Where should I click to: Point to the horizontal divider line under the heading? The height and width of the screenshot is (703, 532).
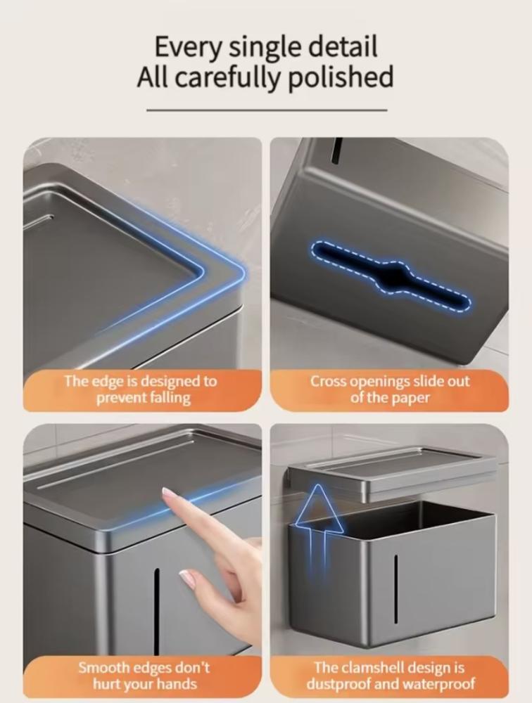point(267,110)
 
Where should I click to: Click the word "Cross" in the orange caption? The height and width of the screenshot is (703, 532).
point(328,381)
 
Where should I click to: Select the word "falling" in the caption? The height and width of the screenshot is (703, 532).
point(169,398)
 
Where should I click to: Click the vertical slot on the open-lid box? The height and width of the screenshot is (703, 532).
point(395,588)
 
